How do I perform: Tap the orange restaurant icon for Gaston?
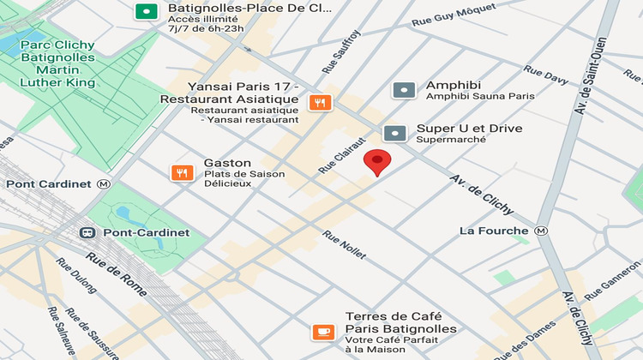click(182, 172)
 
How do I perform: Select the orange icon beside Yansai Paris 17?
click(321, 103)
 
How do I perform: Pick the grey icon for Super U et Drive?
click(394, 133)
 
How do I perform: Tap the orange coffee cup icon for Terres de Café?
click(323, 330)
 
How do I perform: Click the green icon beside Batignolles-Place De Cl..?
click(147, 11)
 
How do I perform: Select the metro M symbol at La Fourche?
click(541, 231)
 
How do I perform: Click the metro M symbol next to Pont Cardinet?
click(104, 183)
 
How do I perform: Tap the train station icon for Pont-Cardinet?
click(87, 232)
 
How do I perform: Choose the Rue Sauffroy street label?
click(341, 51)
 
